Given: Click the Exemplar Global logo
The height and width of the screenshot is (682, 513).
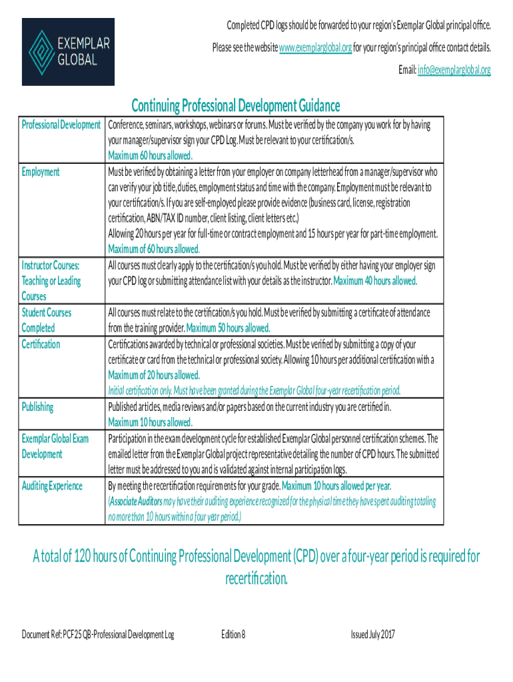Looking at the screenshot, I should click(x=68, y=51).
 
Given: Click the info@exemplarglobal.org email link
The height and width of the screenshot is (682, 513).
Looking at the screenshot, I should click(x=454, y=69).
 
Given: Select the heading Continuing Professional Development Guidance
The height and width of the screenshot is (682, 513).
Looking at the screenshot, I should click(x=235, y=106).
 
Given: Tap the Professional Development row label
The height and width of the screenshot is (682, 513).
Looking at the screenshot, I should click(x=61, y=125).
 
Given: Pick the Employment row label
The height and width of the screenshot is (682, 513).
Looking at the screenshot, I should click(x=41, y=172).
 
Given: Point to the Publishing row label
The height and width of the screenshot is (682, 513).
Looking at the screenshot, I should click(x=37, y=407).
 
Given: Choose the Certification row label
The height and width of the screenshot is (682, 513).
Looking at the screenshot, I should click(x=41, y=344).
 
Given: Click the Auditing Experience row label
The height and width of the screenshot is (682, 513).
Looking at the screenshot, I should click(x=52, y=486).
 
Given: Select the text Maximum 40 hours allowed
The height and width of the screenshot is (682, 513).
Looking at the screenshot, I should click(x=375, y=281).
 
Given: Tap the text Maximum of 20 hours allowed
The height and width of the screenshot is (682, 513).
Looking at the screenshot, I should click(x=154, y=375).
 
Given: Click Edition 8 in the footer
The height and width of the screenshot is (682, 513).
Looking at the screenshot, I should click(x=233, y=635).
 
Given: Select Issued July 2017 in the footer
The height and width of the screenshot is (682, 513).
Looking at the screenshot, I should click(x=372, y=635).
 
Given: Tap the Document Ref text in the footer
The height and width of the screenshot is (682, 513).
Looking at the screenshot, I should click(x=97, y=635).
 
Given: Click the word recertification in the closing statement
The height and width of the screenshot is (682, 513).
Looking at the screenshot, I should click(x=256, y=579).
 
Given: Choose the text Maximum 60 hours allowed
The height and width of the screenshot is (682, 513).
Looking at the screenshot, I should click(x=151, y=156).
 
